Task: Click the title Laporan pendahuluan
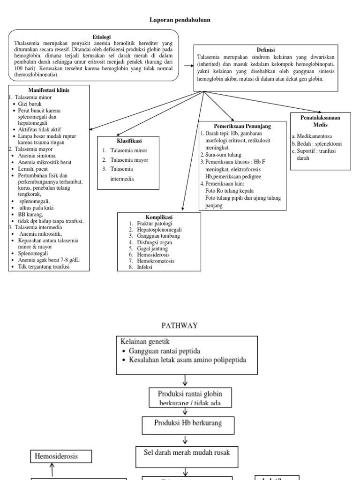(x=180, y=20)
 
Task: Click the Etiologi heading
(x=102, y=37)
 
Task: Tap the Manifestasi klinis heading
(x=48, y=90)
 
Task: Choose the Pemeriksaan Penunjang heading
(x=242, y=126)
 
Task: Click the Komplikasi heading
(x=159, y=217)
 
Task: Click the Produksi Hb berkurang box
(x=188, y=423)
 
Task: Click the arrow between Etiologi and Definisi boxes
(x=189, y=65)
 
